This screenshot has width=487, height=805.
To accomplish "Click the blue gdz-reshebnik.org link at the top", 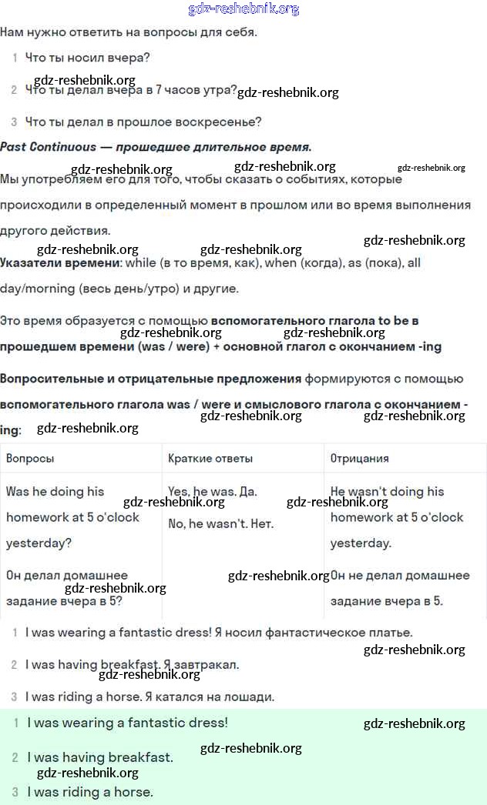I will pos(243,9).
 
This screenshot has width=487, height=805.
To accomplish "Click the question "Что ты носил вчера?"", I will pos(87,58).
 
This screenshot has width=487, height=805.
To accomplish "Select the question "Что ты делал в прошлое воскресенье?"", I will pos(143,122).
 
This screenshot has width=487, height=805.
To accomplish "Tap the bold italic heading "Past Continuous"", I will pos(49,146).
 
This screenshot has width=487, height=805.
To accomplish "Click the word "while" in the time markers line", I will pos(141,262).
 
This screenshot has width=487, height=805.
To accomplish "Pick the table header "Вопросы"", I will pos(30,458).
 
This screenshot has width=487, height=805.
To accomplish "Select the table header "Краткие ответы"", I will pos(210,458).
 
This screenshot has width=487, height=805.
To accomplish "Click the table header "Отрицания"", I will pos(359,458).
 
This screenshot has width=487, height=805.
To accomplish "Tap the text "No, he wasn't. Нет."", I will pos(221,524).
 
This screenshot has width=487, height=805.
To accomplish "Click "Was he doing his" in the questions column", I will pos(55,491).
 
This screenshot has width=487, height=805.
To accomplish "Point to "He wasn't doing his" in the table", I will pos(387,491).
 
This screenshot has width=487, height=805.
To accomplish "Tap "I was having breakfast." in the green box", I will pos(100,757).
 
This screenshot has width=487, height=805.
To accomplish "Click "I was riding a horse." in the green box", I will pos(90,791).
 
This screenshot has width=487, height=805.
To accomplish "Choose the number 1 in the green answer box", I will pos(15,723).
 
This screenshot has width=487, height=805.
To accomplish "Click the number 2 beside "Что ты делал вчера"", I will pos(14,90).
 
